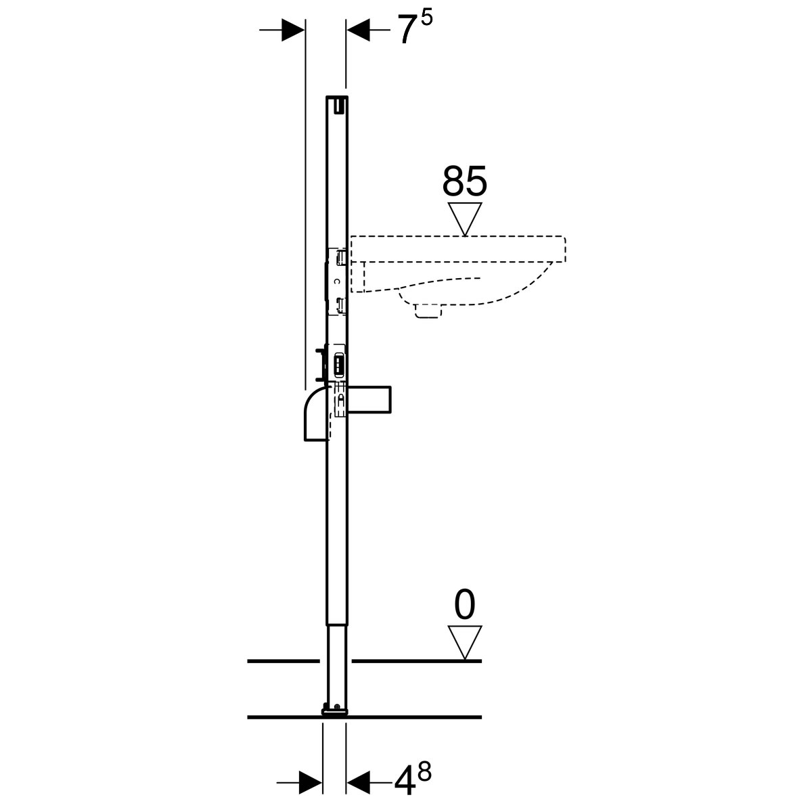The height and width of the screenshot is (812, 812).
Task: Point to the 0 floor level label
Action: [x=465, y=605]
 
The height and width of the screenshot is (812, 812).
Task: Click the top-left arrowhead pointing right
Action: [x=293, y=30]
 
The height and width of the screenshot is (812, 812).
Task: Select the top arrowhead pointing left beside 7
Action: [x=358, y=30]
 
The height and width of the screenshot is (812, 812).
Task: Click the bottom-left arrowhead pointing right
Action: [x=311, y=782]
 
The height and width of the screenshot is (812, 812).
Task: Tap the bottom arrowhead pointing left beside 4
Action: [x=358, y=782]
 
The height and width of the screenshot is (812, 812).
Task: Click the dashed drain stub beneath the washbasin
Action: [x=428, y=311]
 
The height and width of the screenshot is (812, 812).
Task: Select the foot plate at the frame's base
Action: [x=335, y=711]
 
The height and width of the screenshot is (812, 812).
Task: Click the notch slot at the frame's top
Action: [x=340, y=105]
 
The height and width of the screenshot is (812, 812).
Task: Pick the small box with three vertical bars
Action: [x=339, y=363]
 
